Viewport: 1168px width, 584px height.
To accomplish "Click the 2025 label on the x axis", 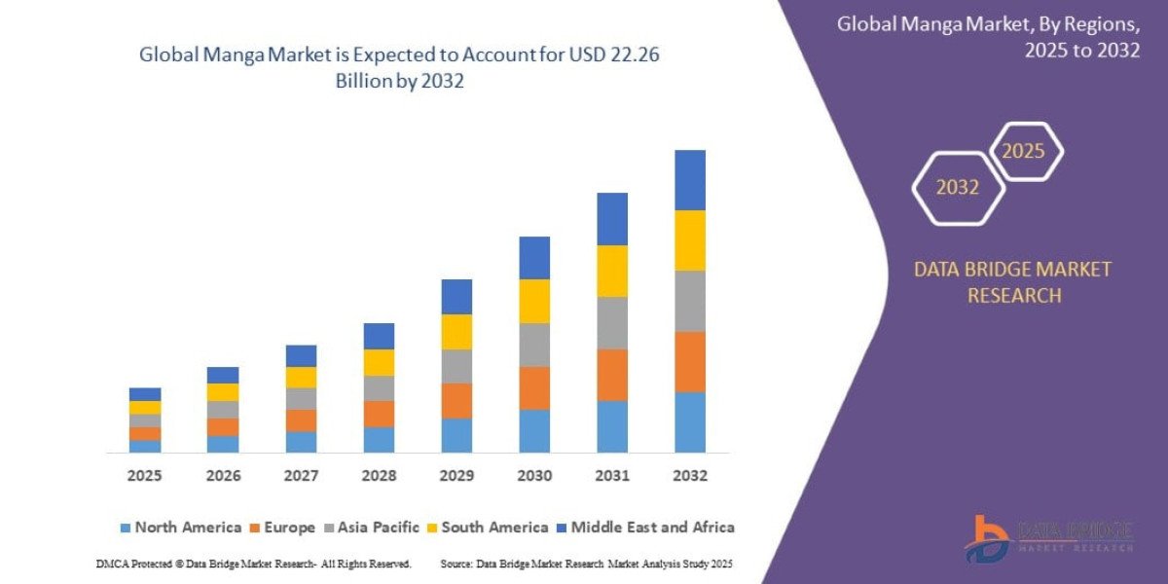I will click(x=144, y=476).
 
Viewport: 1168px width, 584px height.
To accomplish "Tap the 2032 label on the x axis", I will click(x=689, y=476).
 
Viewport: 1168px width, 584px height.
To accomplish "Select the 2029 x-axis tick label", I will click(x=456, y=476).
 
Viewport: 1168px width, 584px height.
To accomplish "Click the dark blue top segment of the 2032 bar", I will click(x=689, y=180).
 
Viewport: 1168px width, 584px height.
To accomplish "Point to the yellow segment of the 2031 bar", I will click(x=611, y=271).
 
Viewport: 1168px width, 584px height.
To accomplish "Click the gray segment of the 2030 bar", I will click(x=533, y=345).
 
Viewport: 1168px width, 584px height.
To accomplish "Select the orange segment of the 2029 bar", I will click(x=456, y=400).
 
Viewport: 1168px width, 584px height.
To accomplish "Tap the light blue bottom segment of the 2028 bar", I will click(x=379, y=439).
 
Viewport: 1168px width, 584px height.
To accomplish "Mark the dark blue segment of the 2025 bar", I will click(x=144, y=394).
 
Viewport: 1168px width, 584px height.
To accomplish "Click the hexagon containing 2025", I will click(x=1024, y=152).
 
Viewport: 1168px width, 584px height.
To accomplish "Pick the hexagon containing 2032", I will click(x=958, y=188).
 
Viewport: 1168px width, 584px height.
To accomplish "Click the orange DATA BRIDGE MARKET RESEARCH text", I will click(x=1012, y=282).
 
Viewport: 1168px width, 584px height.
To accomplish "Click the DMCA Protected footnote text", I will click(x=253, y=564).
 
